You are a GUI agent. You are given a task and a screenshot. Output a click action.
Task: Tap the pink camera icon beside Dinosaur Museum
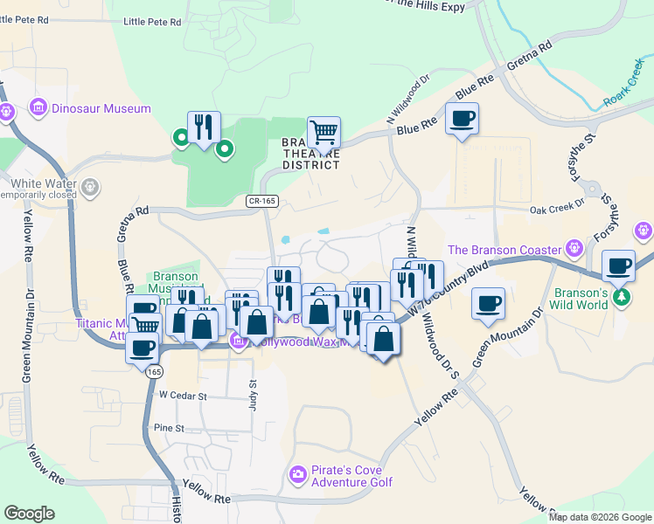38,109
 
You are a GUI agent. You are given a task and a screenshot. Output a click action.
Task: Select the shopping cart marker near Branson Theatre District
324,133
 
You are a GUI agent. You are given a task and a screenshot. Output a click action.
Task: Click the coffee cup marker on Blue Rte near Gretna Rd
462,119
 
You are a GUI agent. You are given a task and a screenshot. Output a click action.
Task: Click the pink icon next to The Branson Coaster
574,248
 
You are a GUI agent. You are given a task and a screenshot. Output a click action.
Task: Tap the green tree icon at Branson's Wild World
622,295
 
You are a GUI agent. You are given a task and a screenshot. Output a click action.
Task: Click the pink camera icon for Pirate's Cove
297,475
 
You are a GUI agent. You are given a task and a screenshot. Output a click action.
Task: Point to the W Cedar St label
182,396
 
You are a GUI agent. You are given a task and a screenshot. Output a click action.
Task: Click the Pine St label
169,429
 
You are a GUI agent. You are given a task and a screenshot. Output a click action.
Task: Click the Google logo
30,514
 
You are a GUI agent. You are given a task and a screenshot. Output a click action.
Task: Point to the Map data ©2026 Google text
600,517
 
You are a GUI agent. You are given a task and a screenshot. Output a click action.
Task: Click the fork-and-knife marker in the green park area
204,128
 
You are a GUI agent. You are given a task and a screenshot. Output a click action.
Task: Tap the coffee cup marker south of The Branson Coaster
488,304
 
